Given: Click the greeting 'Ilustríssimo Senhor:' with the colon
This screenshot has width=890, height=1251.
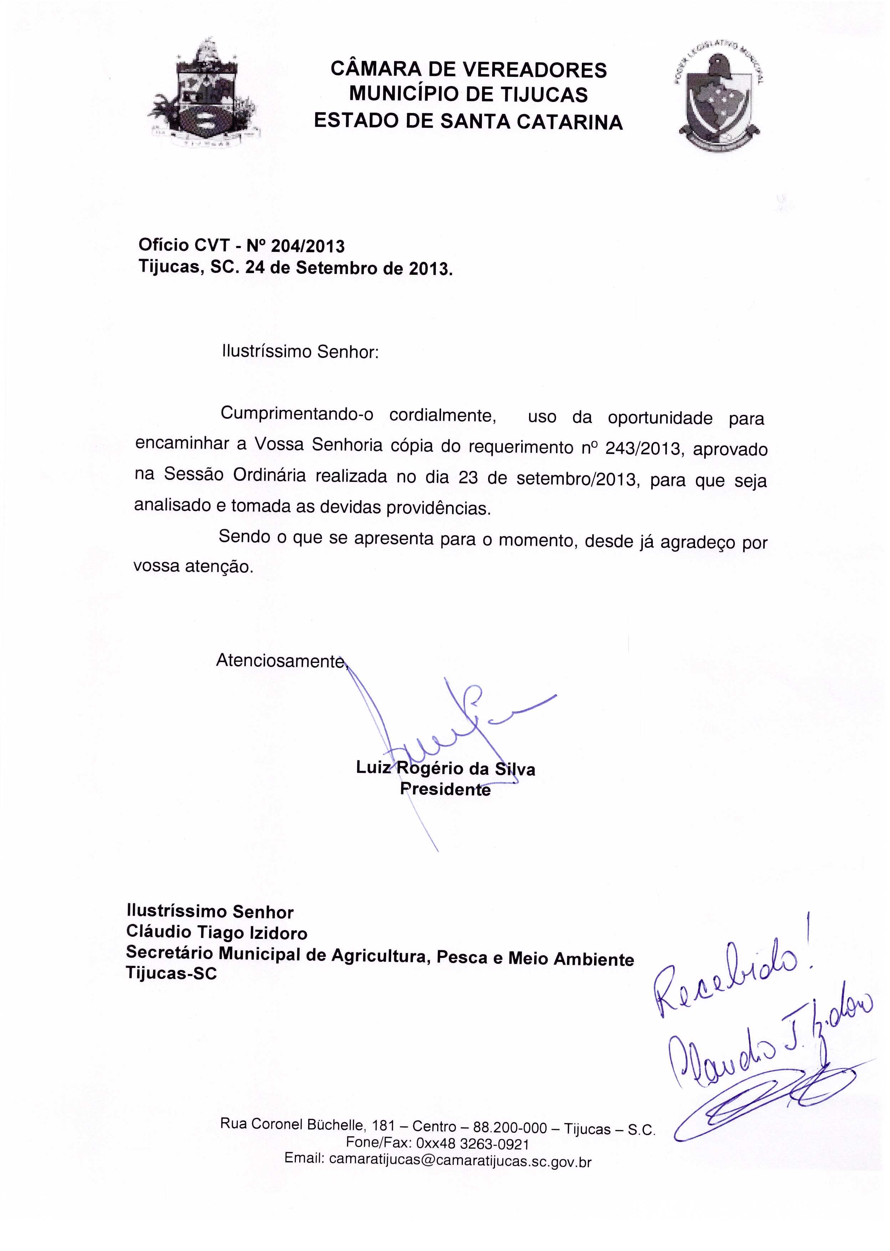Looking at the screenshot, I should coord(300,351).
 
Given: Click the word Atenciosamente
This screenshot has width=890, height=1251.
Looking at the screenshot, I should coord(281,661).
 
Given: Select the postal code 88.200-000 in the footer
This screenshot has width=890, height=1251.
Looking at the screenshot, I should coord(510,1128).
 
